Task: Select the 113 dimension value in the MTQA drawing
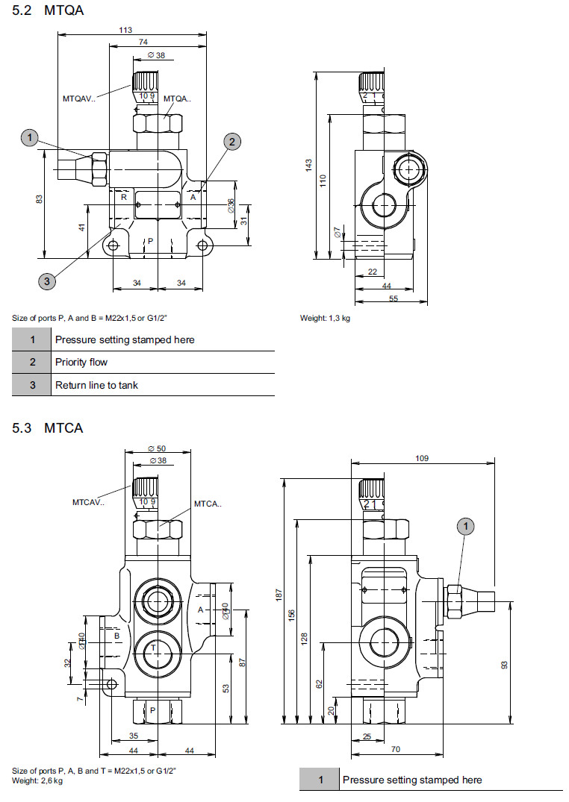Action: [x=125, y=30]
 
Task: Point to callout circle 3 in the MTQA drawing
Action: [x=47, y=281]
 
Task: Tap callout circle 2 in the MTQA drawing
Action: [x=231, y=141]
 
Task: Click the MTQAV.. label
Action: [x=79, y=98]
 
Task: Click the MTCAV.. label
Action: [x=89, y=501]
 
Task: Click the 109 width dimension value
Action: [x=422, y=458]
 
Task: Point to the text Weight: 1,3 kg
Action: [x=325, y=318]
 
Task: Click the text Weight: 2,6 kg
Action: [x=37, y=780]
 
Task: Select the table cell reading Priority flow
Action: [x=81, y=363]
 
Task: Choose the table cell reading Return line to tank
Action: [x=96, y=386]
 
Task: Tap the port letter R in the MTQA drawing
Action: [x=124, y=198]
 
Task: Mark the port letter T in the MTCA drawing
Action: [x=153, y=648]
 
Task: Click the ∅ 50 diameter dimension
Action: [x=157, y=448]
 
